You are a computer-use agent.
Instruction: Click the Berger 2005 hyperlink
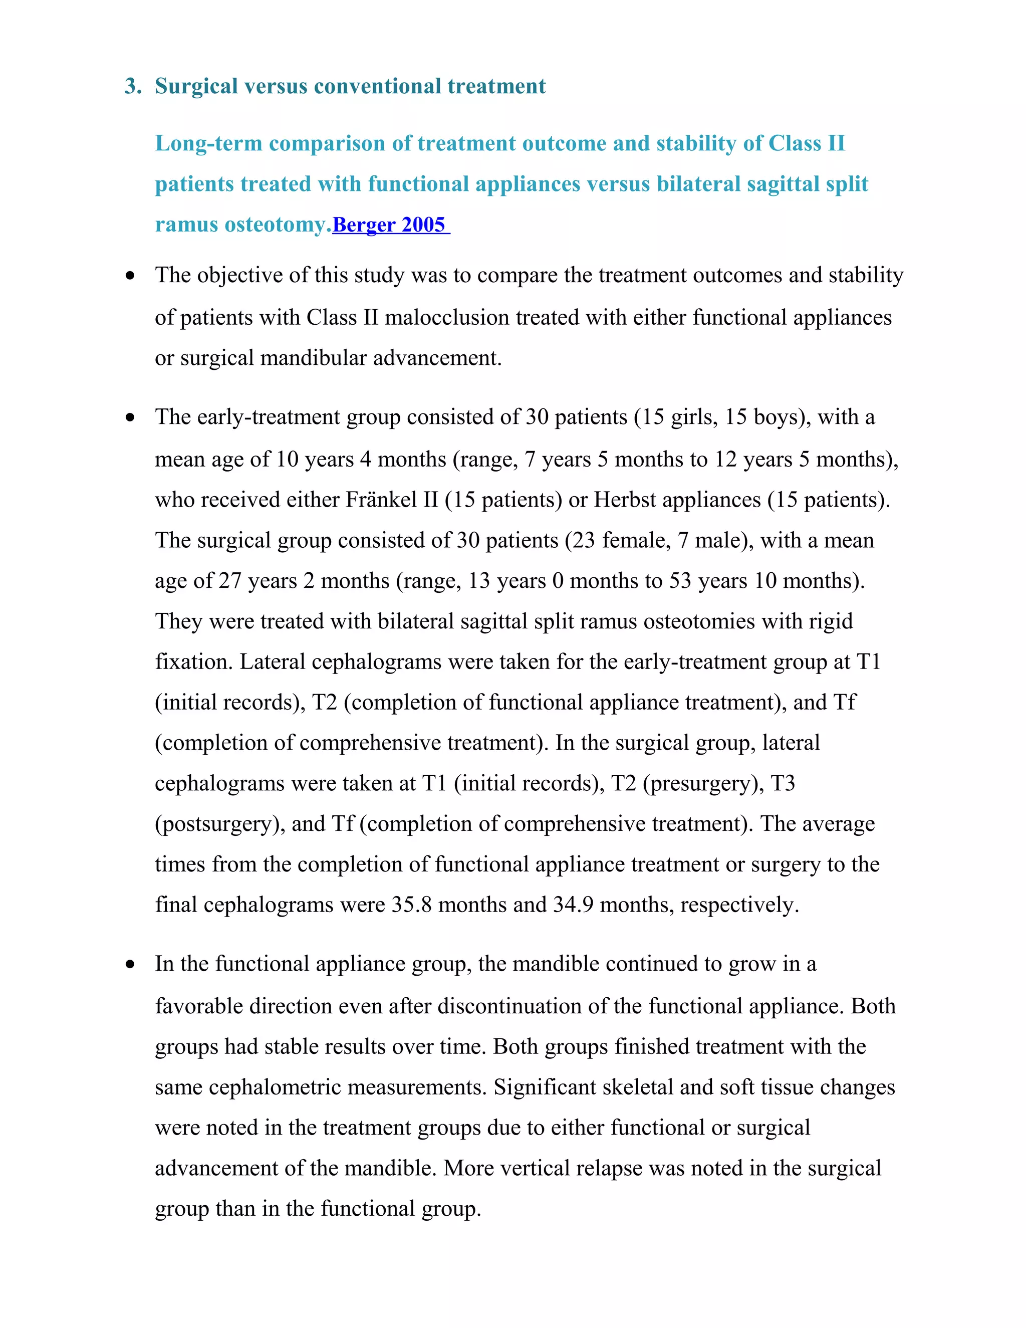[x=390, y=225]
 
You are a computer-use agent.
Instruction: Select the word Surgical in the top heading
[x=196, y=86]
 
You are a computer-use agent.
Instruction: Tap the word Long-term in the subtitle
[x=208, y=143]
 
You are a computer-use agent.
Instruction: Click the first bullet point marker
[x=130, y=276]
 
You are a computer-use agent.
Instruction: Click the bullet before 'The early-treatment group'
[x=130, y=418]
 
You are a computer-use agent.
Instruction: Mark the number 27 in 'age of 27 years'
[x=230, y=581]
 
